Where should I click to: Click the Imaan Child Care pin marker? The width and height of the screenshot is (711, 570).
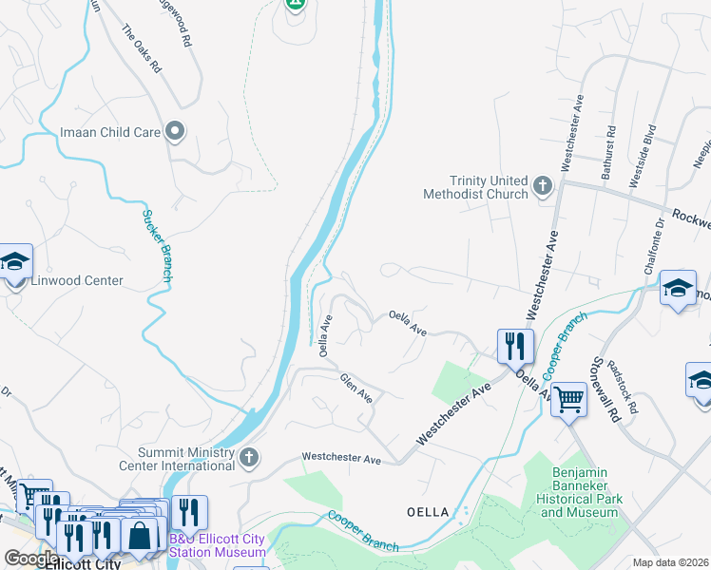point(175,132)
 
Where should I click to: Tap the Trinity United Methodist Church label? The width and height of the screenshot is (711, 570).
point(475,187)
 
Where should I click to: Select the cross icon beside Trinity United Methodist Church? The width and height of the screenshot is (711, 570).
point(543,186)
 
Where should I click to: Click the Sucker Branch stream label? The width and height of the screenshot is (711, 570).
point(156,244)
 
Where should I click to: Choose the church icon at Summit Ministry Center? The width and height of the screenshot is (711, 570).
point(249,458)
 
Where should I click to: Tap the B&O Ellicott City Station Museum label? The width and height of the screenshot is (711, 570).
point(219,544)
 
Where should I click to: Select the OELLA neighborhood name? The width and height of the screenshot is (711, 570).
point(427,512)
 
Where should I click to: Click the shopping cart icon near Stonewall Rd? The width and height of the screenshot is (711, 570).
point(568,400)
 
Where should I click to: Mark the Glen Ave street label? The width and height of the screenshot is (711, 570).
point(356,386)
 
